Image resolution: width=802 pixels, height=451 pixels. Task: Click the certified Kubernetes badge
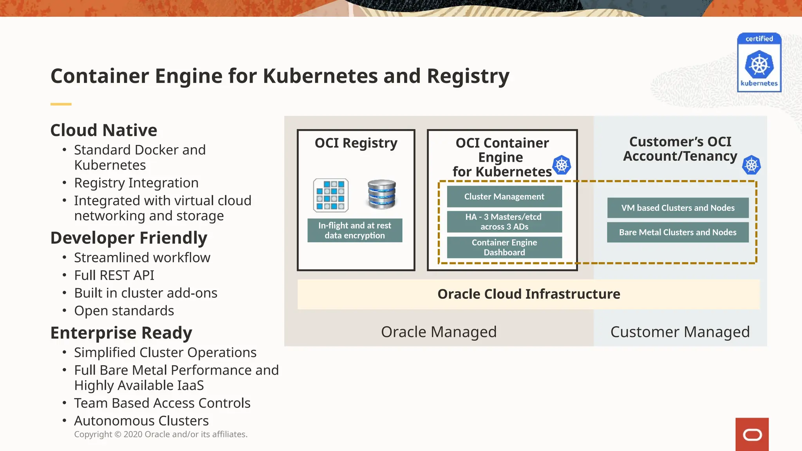[x=759, y=63]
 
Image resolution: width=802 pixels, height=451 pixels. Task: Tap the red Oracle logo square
[x=752, y=434]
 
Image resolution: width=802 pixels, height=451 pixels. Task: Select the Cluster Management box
[x=504, y=197]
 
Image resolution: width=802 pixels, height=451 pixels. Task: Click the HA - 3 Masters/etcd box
[x=504, y=222]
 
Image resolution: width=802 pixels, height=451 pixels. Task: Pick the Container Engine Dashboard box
[x=504, y=247]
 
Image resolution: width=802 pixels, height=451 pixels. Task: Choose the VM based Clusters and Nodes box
[x=678, y=208]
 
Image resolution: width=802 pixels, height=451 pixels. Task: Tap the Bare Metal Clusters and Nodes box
[x=678, y=232]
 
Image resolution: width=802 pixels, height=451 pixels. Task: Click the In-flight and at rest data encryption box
[x=355, y=230]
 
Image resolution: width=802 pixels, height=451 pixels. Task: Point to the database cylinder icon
[x=382, y=194]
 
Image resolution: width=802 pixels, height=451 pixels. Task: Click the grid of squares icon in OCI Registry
[x=331, y=195]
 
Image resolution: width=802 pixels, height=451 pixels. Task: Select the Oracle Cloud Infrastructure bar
[x=529, y=294]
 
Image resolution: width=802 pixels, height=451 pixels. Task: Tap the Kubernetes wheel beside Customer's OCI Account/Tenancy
[x=751, y=165]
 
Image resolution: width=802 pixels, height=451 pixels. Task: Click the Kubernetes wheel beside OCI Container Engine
[x=562, y=165]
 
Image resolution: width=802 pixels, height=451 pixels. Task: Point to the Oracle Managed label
[x=439, y=332]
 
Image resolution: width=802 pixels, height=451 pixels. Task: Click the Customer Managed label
[x=680, y=332]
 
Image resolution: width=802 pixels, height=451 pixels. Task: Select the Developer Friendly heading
[x=129, y=238]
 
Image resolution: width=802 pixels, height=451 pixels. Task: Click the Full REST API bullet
[x=114, y=275]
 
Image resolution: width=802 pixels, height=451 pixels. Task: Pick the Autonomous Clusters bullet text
[x=141, y=420]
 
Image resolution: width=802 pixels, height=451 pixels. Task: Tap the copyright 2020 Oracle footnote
[x=161, y=434]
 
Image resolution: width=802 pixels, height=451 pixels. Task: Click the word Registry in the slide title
[x=468, y=76]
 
